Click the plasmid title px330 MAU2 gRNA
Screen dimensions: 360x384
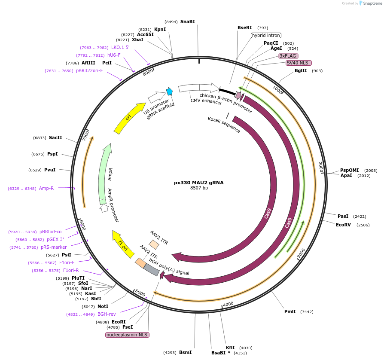pos(198,182)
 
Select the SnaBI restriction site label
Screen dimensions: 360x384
pos(187,21)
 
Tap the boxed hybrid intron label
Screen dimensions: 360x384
pos(266,35)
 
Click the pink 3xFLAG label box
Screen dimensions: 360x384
pos(288,56)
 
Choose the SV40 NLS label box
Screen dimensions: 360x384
pos(299,63)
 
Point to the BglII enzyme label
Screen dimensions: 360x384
pos(301,70)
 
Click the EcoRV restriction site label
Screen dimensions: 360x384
pos(344,225)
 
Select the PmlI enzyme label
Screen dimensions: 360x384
pos(290,311)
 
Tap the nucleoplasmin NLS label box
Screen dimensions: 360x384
pos(128,334)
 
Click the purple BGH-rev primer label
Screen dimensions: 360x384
pos(107,314)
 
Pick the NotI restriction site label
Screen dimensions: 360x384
pos(103,306)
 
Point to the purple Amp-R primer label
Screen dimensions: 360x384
pos(46,188)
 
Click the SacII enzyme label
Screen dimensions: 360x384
pos(55,138)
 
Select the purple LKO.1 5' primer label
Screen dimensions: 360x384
pos(120,47)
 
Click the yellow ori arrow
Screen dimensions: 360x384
pos(129,118)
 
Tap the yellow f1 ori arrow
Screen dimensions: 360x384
pos(123,244)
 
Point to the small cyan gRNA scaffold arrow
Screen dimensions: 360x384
pos(170,91)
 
